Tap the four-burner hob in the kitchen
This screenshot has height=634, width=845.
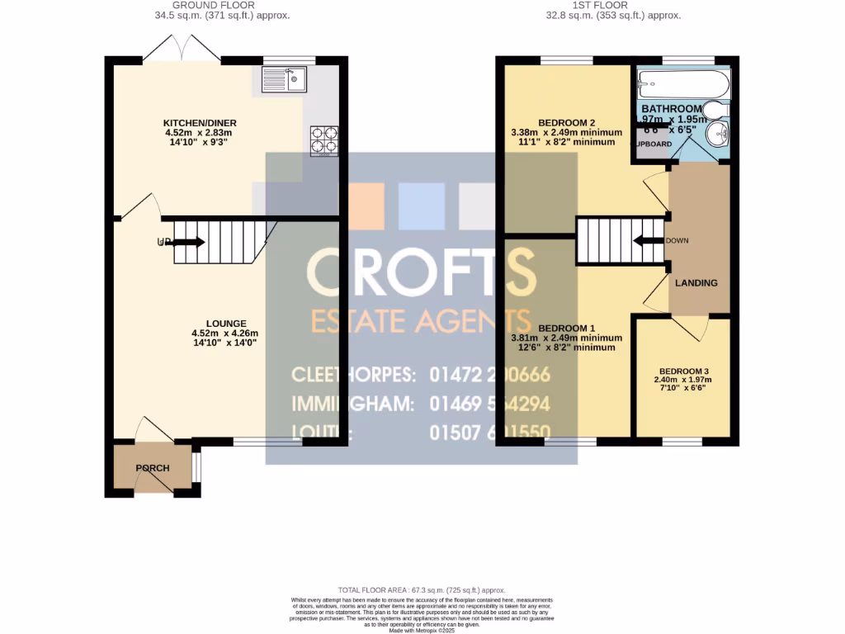[323, 140]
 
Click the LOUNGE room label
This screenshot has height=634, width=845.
[225, 324]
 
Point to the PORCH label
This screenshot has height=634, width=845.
[153, 468]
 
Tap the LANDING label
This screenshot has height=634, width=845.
[696, 283]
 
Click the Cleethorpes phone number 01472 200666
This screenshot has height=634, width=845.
[490, 375]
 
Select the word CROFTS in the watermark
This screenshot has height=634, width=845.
[421, 272]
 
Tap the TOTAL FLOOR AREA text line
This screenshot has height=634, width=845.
[422, 590]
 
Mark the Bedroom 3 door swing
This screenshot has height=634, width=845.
[690, 329]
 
